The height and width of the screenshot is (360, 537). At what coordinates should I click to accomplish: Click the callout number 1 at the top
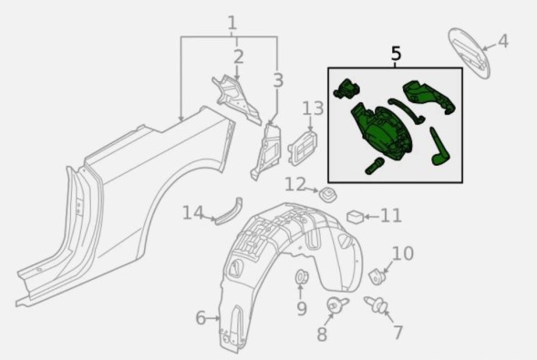pyautogui.click(x=232, y=23)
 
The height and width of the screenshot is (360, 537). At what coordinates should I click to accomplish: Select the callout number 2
pyautogui.click(x=239, y=57)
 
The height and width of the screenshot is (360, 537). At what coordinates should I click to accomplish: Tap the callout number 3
pyautogui.click(x=278, y=80)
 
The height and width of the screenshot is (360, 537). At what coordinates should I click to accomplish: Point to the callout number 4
pyautogui.click(x=502, y=41)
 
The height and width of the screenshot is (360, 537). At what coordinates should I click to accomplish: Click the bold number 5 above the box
pyautogui.click(x=396, y=54)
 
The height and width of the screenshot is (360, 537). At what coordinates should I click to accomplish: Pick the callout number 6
pyautogui.click(x=201, y=318)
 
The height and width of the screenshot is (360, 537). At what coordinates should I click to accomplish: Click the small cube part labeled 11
pyautogui.click(x=356, y=217)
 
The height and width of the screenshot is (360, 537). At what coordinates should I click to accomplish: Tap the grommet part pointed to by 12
pyautogui.click(x=328, y=195)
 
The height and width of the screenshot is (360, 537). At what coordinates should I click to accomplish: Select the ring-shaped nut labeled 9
pyautogui.click(x=302, y=277)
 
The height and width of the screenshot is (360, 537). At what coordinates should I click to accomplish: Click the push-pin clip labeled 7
pyautogui.click(x=376, y=304)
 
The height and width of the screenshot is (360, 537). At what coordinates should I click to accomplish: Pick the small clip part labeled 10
pyautogui.click(x=376, y=276)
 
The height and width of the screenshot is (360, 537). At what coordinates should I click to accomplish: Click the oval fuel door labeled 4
pyautogui.click(x=470, y=53)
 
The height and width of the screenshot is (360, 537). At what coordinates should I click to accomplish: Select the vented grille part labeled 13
pyautogui.click(x=303, y=148)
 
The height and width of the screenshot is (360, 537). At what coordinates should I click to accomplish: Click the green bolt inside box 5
pyautogui.click(x=374, y=166)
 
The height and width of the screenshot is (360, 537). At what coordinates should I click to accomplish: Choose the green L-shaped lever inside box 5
pyautogui.click(x=439, y=148)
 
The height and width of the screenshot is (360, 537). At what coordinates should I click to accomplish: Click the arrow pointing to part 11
pyautogui.click(x=372, y=217)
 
